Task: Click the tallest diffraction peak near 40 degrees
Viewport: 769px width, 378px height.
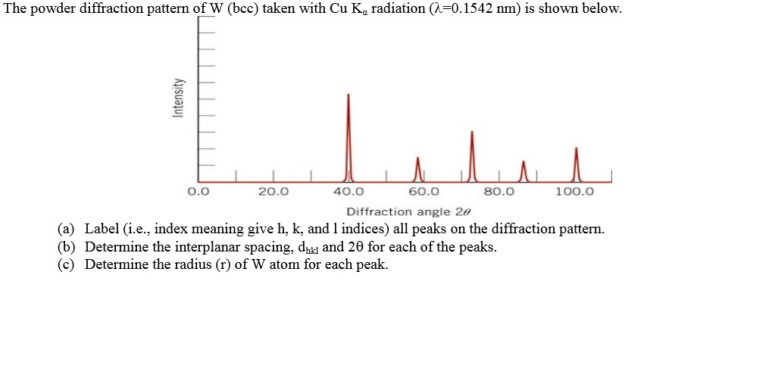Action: pos(348,136)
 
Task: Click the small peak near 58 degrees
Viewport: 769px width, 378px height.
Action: pos(417,169)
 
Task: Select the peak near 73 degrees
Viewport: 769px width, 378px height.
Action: pos(472,155)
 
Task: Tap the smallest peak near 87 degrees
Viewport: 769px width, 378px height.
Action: pos(523,171)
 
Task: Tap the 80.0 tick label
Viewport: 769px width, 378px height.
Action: pos(499,192)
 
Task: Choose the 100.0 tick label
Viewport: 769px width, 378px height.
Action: pos(574,192)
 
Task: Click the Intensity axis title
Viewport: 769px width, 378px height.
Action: pos(178,98)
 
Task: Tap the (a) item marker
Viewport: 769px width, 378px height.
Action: pos(67,229)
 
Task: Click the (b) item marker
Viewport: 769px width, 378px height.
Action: pos(67,247)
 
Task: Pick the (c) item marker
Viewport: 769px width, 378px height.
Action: pos(67,264)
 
